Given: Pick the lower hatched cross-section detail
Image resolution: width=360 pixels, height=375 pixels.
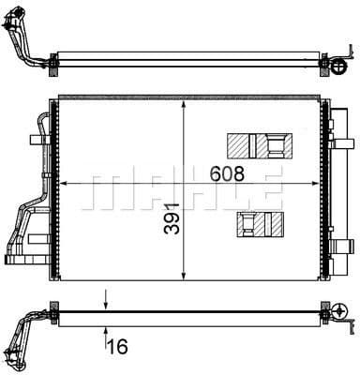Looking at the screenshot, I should (x=262, y=223).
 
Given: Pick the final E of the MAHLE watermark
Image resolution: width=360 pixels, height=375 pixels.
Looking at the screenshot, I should (x=267, y=185).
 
